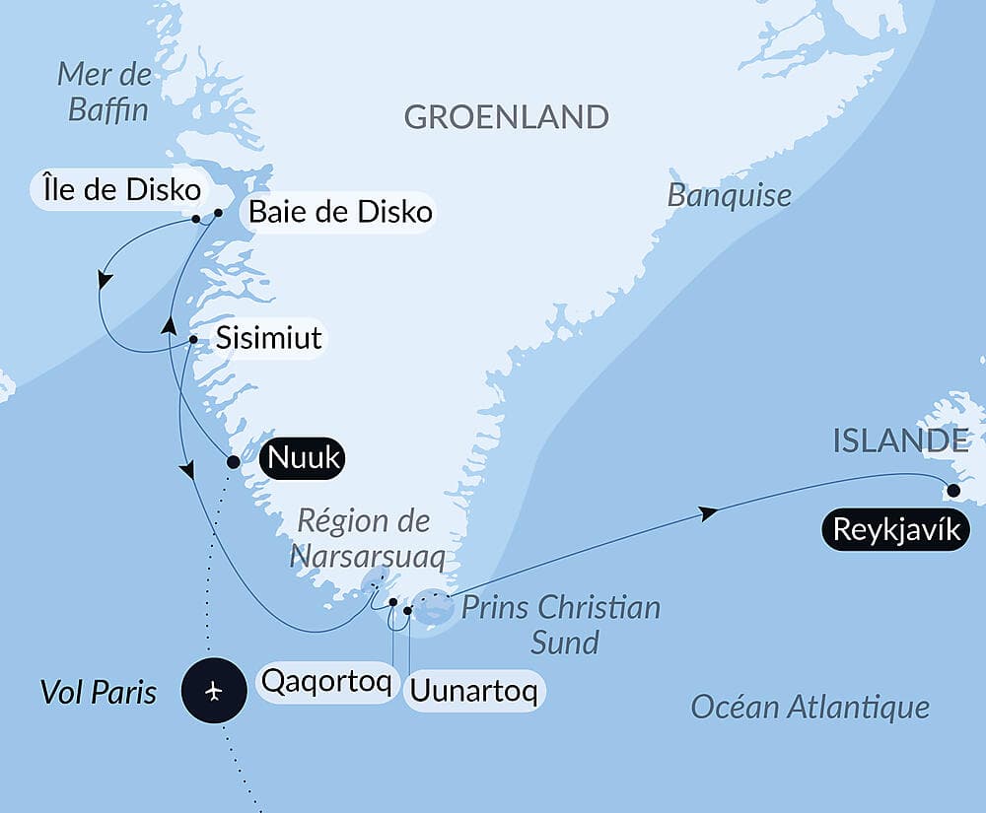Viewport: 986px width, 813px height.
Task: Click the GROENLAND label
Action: [506, 117]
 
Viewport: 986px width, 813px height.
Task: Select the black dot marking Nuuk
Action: [233, 461]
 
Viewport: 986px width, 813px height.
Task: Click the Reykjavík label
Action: [894, 530]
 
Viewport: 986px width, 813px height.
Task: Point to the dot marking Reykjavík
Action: [952, 490]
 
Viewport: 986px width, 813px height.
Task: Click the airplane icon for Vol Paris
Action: [214, 691]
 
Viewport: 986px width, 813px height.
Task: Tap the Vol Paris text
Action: [98, 692]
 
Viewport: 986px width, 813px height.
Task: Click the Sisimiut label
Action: [268, 338]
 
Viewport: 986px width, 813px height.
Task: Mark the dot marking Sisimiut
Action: [193, 341]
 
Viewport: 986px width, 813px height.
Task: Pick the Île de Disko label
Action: [121, 189]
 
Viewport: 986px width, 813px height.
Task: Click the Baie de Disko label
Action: [340, 211]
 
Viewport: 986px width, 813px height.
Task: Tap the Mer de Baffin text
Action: [106, 91]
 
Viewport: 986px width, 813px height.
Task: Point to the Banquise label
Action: [729, 195]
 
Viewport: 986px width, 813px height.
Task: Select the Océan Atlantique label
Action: [810, 706]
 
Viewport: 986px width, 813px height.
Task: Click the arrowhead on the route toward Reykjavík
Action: [706, 512]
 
